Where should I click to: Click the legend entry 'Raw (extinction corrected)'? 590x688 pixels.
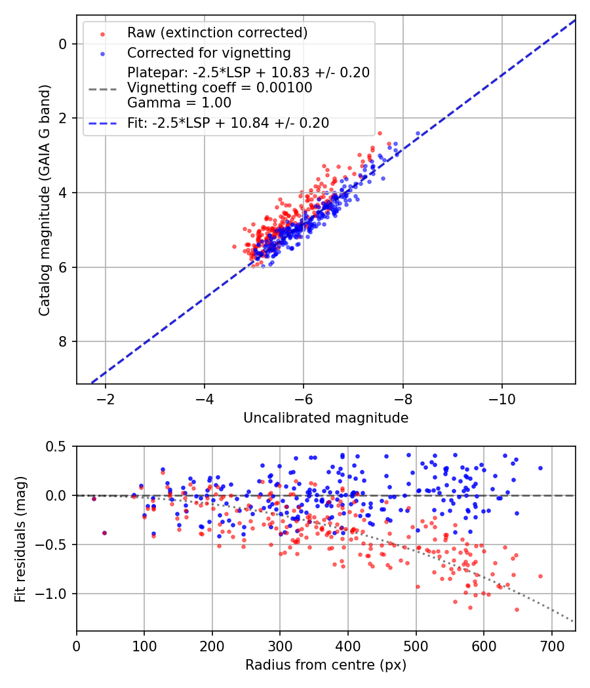coord(217,33)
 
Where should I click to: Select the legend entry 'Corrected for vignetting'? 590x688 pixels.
coord(209,52)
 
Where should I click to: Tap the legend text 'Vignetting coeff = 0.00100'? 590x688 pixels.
coord(220,87)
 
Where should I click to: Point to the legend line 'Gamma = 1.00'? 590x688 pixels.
coord(179,103)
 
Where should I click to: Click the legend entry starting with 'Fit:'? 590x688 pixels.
coord(228,123)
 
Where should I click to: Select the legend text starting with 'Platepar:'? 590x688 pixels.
coord(248,72)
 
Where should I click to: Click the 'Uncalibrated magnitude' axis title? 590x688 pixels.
coord(326,418)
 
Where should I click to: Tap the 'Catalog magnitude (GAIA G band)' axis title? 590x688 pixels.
coord(44,200)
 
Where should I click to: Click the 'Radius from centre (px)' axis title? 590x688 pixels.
coord(326,665)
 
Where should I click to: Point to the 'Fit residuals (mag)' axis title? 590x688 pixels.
coord(20,539)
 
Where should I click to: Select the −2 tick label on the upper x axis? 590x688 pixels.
coord(105,399)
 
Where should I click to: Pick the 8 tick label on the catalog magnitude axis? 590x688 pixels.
coord(62,341)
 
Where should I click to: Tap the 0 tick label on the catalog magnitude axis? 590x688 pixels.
coord(62,44)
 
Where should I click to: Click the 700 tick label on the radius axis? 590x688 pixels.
coord(551,646)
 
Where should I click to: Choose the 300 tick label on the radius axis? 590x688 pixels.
coord(280,646)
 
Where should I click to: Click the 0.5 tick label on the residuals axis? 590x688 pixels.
coord(56,446)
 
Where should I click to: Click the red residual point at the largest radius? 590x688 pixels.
coord(540,576)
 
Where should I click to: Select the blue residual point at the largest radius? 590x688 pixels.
coord(540,468)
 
